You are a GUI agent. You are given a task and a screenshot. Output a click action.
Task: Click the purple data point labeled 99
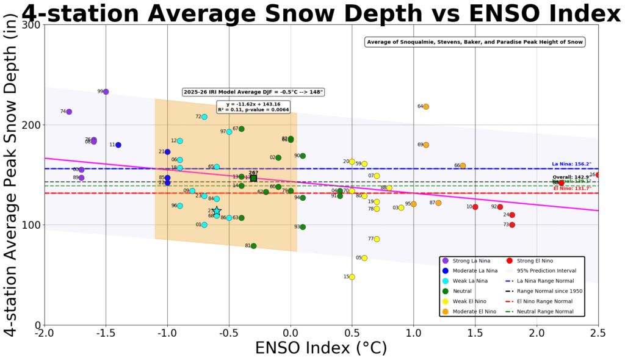106,92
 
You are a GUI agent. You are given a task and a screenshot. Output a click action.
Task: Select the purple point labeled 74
69,112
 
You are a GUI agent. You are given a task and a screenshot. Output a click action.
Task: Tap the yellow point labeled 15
352,277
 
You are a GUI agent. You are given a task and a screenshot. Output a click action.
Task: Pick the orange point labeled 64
426,107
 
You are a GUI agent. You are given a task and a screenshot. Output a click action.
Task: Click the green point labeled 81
253,246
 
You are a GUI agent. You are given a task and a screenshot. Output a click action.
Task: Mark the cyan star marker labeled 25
217,211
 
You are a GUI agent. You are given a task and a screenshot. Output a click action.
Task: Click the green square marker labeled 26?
253,178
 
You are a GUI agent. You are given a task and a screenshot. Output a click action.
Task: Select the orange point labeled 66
463,166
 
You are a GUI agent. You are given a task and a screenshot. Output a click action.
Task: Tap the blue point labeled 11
118,145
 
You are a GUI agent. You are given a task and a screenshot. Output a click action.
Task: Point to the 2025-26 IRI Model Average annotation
253,92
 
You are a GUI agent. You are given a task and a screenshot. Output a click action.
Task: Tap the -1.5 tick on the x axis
106,333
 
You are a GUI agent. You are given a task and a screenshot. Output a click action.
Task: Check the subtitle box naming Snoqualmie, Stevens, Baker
475,42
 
